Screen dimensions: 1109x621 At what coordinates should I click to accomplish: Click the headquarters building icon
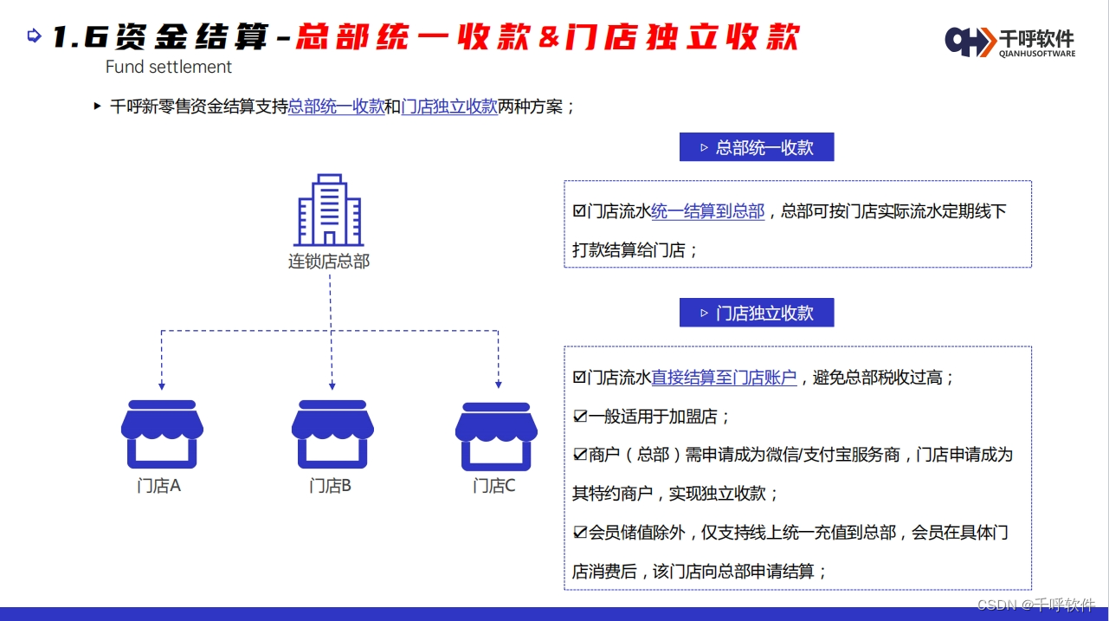[x=329, y=210]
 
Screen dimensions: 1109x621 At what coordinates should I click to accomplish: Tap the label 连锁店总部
[x=329, y=261]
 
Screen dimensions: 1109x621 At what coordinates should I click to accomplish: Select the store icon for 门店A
[x=162, y=433]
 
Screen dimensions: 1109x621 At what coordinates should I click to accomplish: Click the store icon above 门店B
[x=332, y=433]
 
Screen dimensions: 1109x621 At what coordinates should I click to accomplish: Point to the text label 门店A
[x=158, y=486]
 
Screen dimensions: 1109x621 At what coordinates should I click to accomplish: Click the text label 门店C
[x=494, y=486]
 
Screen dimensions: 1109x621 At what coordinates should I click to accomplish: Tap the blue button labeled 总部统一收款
[x=756, y=147]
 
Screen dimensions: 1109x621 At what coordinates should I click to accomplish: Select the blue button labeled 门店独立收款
[x=756, y=313]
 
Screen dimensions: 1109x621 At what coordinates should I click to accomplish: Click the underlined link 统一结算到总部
[x=707, y=211]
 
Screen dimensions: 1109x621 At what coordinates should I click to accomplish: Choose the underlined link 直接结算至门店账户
[x=724, y=378]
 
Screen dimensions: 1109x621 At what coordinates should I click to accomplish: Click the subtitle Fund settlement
[x=169, y=67]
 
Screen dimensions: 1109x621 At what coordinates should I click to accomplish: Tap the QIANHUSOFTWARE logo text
[x=1037, y=54]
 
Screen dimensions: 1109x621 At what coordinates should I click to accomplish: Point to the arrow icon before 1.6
[x=35, y=36]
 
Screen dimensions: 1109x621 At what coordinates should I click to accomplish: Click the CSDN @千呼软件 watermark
[x=1035, y=605]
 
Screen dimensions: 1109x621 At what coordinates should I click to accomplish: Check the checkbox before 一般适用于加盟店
[x=580, y=417]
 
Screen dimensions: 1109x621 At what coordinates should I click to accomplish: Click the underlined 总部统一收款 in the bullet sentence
[x=336, y=107]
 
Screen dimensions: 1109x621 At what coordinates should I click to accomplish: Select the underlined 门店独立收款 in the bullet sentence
[x=449, y=107]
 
